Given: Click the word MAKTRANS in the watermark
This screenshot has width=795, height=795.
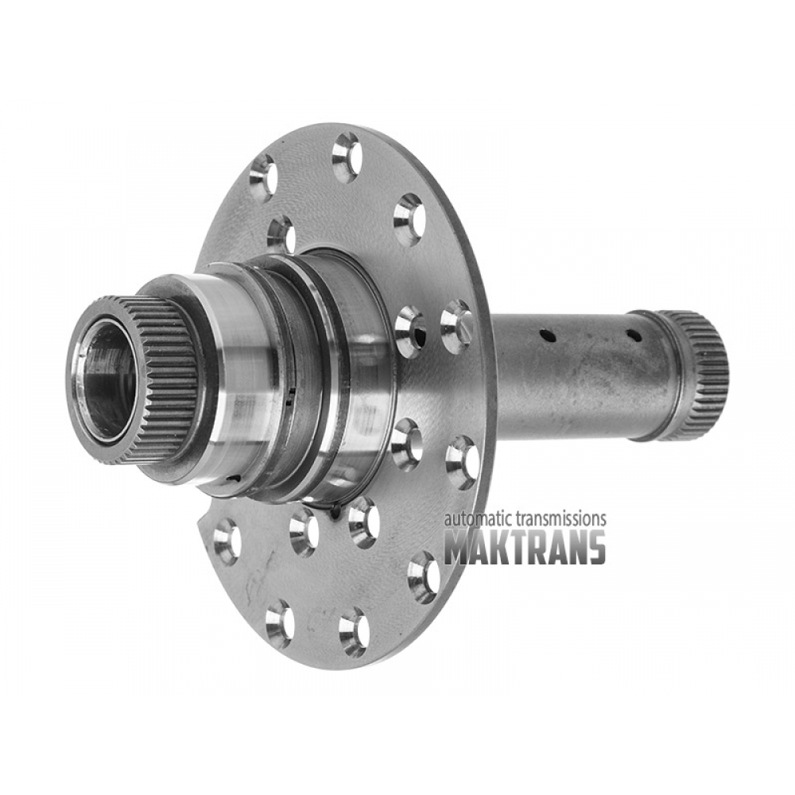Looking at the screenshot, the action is tap(525, 548).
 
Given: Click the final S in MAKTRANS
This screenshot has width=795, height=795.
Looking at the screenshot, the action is tap(595, 548).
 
